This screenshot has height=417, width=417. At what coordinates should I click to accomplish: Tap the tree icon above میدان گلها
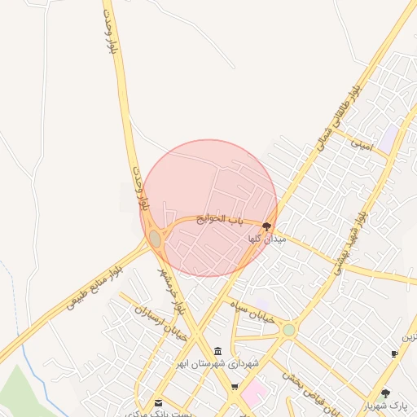tap(267, 226)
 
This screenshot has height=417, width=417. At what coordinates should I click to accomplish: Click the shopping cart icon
tap(235, 388)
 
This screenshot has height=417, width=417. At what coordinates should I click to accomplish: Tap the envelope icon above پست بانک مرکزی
tap(158, 402)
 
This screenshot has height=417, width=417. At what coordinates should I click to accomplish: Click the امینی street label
tap(361, 143)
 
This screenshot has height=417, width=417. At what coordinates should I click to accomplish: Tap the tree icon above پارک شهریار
tap(386, 393)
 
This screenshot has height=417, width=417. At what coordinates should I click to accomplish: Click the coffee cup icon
tap(395, 353)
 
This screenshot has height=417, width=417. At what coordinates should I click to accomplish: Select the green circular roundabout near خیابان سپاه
tap(288, 330)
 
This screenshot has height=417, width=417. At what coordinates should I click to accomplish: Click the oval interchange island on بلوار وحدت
tap(155, 238)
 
